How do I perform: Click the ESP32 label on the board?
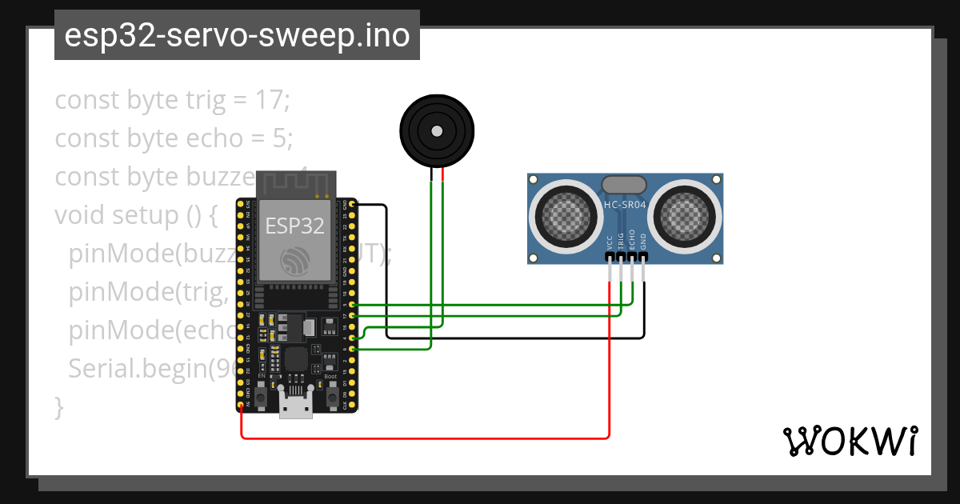pos(294,226)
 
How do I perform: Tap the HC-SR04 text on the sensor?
pos(625,205)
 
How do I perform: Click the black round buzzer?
pos(436,130)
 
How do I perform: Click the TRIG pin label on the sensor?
pos(622,242)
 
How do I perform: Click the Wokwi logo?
pos(850,441)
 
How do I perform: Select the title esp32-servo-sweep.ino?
pos(237,35)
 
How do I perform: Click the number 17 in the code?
pos(271,101)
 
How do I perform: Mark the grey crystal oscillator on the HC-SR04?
pos(624,185)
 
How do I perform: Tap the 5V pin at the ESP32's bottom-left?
pos(241,405)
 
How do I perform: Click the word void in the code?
pos(80,216)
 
